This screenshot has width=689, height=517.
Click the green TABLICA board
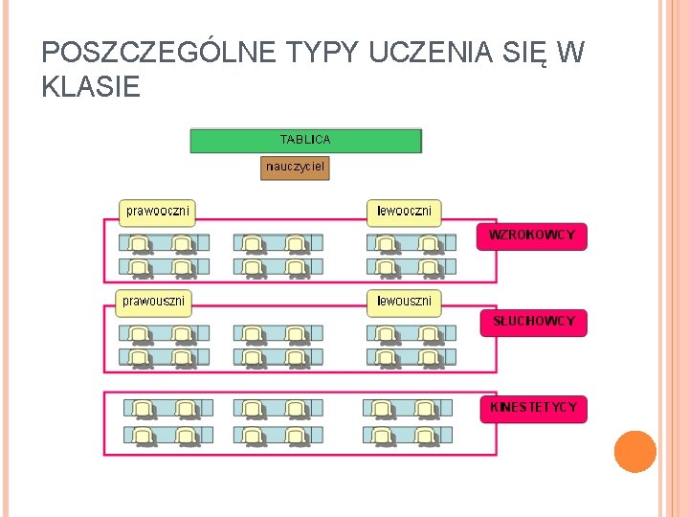tap(305, 141)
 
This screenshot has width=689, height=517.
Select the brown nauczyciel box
tap(296, 169)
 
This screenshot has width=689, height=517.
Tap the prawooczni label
tap(158, 211)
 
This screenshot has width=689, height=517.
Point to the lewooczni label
tap(404, 211)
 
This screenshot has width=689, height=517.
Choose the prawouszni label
tap(154, 302)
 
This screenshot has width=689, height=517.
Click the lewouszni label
tap(404, 302)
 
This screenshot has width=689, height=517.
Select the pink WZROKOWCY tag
tap(532, 236)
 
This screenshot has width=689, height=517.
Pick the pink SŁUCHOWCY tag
tap(534, 322)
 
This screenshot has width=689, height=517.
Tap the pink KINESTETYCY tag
tap(533, 408)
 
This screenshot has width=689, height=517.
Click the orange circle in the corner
tap(634, 452)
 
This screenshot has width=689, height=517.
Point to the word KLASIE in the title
tap(92, 88)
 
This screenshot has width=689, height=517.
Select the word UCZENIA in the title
tap(409, 54)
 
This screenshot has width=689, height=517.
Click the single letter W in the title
tap(569, 54)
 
